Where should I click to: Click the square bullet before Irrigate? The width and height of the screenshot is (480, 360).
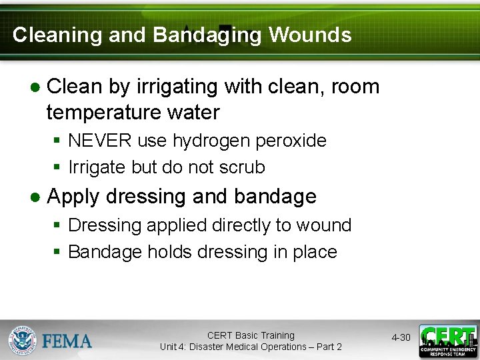pyautogui.click(x=58, y=168)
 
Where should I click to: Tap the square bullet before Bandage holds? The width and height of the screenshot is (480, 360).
pyautogui.click(x=58, y=253)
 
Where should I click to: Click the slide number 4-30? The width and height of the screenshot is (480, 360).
pyautogui.click(x=401, y=338)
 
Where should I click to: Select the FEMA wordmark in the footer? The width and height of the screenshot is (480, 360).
pyautogui.click(x=67, y=341)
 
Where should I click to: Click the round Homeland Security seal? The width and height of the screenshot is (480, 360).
pyautogui.click(x=23, y=340)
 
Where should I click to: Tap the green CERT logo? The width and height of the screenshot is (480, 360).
pyautogui.click(x=447, y=341)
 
